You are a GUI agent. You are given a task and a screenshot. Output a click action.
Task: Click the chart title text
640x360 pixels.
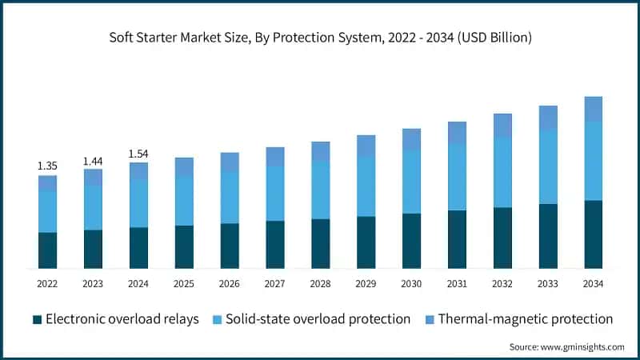point(320,38)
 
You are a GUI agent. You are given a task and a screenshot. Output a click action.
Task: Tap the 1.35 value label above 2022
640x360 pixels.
point(47,166)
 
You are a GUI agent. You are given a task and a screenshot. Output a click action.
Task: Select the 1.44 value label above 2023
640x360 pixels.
point(93,162)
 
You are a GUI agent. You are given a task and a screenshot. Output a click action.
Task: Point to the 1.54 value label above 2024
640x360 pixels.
point(138,154)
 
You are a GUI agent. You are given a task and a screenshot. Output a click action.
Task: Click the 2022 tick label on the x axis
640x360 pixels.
point(47,284)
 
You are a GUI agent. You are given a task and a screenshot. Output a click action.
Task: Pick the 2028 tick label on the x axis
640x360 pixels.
point(320,284)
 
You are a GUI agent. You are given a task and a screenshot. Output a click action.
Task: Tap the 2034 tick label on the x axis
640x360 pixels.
point(593,284)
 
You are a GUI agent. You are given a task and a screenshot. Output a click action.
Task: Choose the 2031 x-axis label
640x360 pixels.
point(457,284)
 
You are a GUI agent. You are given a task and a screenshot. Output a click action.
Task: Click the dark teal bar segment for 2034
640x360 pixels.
point(593,234)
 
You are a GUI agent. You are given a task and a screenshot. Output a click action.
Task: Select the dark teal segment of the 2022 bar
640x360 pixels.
point(47,250)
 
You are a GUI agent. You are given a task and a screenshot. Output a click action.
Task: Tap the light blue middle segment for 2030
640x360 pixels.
point(411,182)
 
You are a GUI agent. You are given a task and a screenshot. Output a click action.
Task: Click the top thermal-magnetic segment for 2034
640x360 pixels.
point(593,109)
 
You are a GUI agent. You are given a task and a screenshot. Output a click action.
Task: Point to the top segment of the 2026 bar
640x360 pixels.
point(230,162)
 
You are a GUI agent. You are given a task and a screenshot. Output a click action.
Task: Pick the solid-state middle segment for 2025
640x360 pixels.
point(184,200)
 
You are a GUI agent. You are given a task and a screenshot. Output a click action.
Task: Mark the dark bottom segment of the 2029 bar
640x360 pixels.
point(366,242)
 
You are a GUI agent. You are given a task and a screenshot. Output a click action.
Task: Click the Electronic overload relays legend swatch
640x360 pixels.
point(37,319)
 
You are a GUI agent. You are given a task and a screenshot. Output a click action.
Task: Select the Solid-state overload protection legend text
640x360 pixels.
point(318,319)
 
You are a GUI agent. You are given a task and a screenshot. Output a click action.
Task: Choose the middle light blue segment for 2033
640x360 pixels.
point(547,166)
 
